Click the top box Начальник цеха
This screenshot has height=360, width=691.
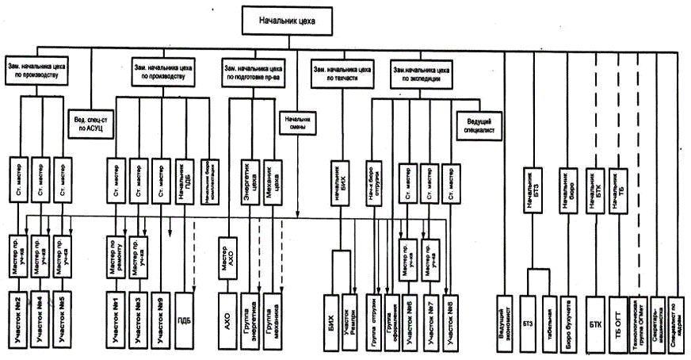288,20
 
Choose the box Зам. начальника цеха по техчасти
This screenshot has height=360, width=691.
343,75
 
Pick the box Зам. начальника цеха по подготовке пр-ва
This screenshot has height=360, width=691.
254,74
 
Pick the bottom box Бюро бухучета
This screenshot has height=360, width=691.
567,321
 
